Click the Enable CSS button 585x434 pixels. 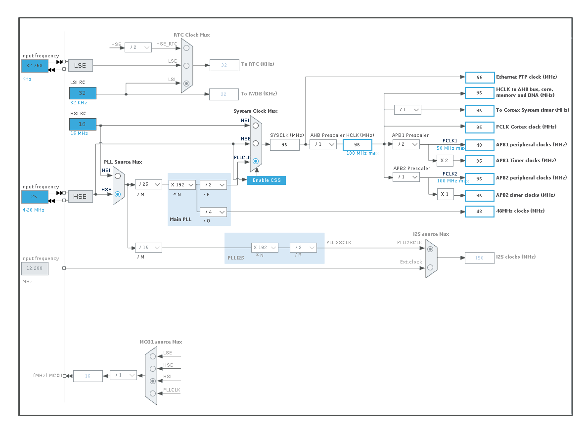(x=267, y=180)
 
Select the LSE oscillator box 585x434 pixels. (x=80, y=66)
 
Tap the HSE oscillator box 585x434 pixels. (x=80, y=197)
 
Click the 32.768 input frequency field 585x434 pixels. (x=35, y=66)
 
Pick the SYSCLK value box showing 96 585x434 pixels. (x=285, y=145)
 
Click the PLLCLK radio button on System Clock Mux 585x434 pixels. (x=256, y=161)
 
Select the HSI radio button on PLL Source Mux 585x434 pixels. (x=118, y=175)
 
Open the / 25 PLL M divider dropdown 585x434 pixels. (x=148, y=184)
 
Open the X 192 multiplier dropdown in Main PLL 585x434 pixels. (x=182, y=184)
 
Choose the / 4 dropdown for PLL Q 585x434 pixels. (x=214, y=212)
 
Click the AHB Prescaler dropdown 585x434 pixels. (x=323, y=144)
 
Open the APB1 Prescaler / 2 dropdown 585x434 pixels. (x=406, y=144)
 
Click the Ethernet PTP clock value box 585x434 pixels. (x=480, y=77)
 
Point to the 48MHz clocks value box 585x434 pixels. (x=479, y=212)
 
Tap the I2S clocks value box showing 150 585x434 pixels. (x=479, y=258)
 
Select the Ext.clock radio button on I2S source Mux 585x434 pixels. (x=430, y=267)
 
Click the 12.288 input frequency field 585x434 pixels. (x=35, y=268)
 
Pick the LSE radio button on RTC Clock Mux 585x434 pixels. (x=186, y=66)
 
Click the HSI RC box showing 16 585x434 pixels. (x=83, y=124)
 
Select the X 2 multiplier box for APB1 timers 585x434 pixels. (x=445, y=161)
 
